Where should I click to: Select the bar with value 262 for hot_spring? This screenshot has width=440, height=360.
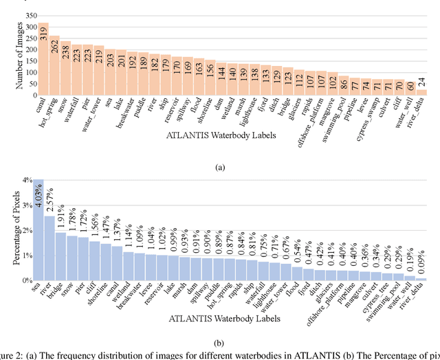(x=54, y=66)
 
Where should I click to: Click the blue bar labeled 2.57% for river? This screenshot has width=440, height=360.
(x=49, y=248)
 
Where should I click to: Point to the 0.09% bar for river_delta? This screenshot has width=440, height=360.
(x=421, y=279)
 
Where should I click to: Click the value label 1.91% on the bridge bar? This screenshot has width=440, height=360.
(x=61, y=220)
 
